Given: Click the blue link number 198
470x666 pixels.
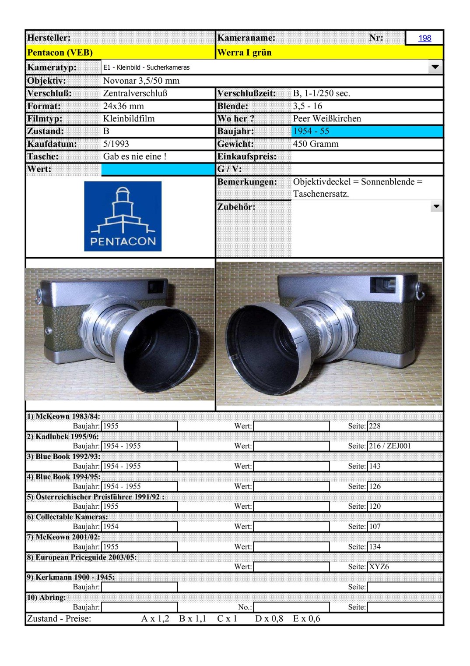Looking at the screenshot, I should pyautogui.click(x=424, y=38).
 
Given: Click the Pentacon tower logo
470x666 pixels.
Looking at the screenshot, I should pyautogui.click(x=123, y=216).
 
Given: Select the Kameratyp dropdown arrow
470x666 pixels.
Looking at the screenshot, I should pyautogui.click(x=435, y=67).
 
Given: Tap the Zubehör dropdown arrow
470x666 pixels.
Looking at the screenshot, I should pyautogui.click(x=436, y=206).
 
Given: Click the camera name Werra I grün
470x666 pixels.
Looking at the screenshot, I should pyautogui.click(x=244, y=53).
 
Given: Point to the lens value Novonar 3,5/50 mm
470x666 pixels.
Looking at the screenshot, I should pyautogui.click(x=141, y=81).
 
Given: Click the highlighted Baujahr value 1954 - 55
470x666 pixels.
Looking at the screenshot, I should pyautogui.click(x=311, y=131).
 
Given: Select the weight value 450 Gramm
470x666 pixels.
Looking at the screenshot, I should pyautogui.click(x=316, y=144).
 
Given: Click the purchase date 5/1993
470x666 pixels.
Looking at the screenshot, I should pyautogui.click(x=116, y=144).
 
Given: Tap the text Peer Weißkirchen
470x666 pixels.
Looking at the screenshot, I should pyautogui.click(x=327, y=118).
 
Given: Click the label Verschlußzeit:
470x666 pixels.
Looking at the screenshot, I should pyautogui.click(x=246, y=93).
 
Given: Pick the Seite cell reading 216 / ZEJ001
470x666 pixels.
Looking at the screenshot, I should pyautogui.click(x=390, y=446).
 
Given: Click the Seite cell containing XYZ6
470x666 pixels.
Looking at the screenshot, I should pyautogui.click(x=379, y=567).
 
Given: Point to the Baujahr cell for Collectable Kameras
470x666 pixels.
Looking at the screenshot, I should pyautogui.click(x=139, y=527).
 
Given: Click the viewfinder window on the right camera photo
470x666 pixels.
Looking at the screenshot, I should pyautogui.click(x=382, y=285).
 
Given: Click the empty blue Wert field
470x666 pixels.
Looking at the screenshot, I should pyautogui.click(x=158, y=169).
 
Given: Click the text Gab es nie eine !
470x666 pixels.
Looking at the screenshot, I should pyautogui.click(x=135, y=156).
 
